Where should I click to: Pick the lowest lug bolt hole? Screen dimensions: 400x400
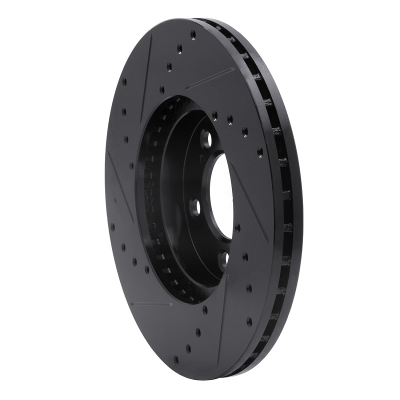pos(224,258)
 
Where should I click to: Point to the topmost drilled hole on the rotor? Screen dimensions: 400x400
pos(193,34)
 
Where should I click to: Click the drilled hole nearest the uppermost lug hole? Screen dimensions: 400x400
pos(214,116)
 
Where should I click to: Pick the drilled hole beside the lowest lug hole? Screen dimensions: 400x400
pos(244,257)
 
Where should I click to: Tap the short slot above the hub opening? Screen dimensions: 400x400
pos(210,78)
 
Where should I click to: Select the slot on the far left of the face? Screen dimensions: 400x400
pos(120,185)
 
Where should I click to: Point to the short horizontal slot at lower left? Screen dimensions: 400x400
pos(150,303)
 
